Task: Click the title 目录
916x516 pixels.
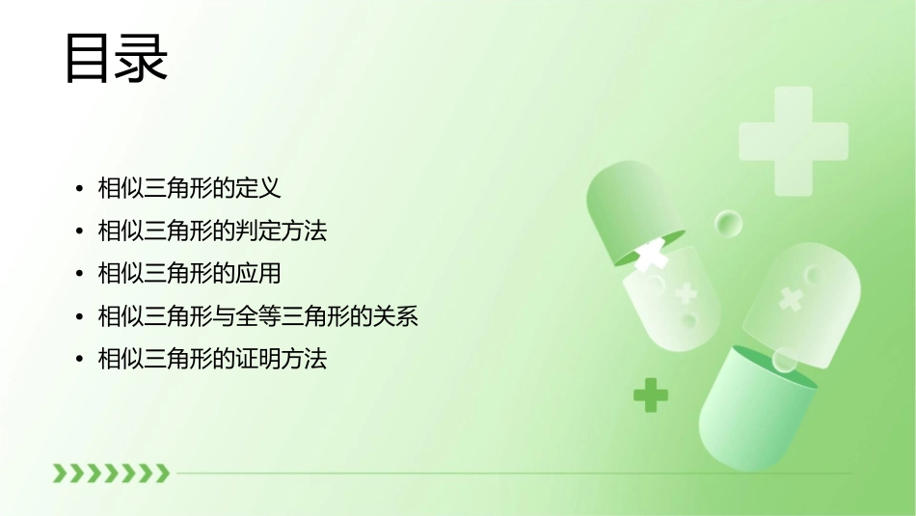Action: (x=116, y=59)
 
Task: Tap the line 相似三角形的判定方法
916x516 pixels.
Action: (x=212, y=231)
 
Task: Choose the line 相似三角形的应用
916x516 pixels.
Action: (x=189, y=274)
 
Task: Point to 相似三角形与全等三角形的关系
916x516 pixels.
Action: (x=258, y=316)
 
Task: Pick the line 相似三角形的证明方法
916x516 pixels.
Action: (x=212, y=360)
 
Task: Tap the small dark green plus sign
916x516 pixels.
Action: (x=651, y=394)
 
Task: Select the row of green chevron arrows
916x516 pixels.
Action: (x=111, y=473)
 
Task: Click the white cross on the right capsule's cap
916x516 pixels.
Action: (x=792, y=299)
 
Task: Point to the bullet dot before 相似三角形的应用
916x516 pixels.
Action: (x=80, y=275)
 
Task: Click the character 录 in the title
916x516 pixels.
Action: (x=142, y=59)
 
